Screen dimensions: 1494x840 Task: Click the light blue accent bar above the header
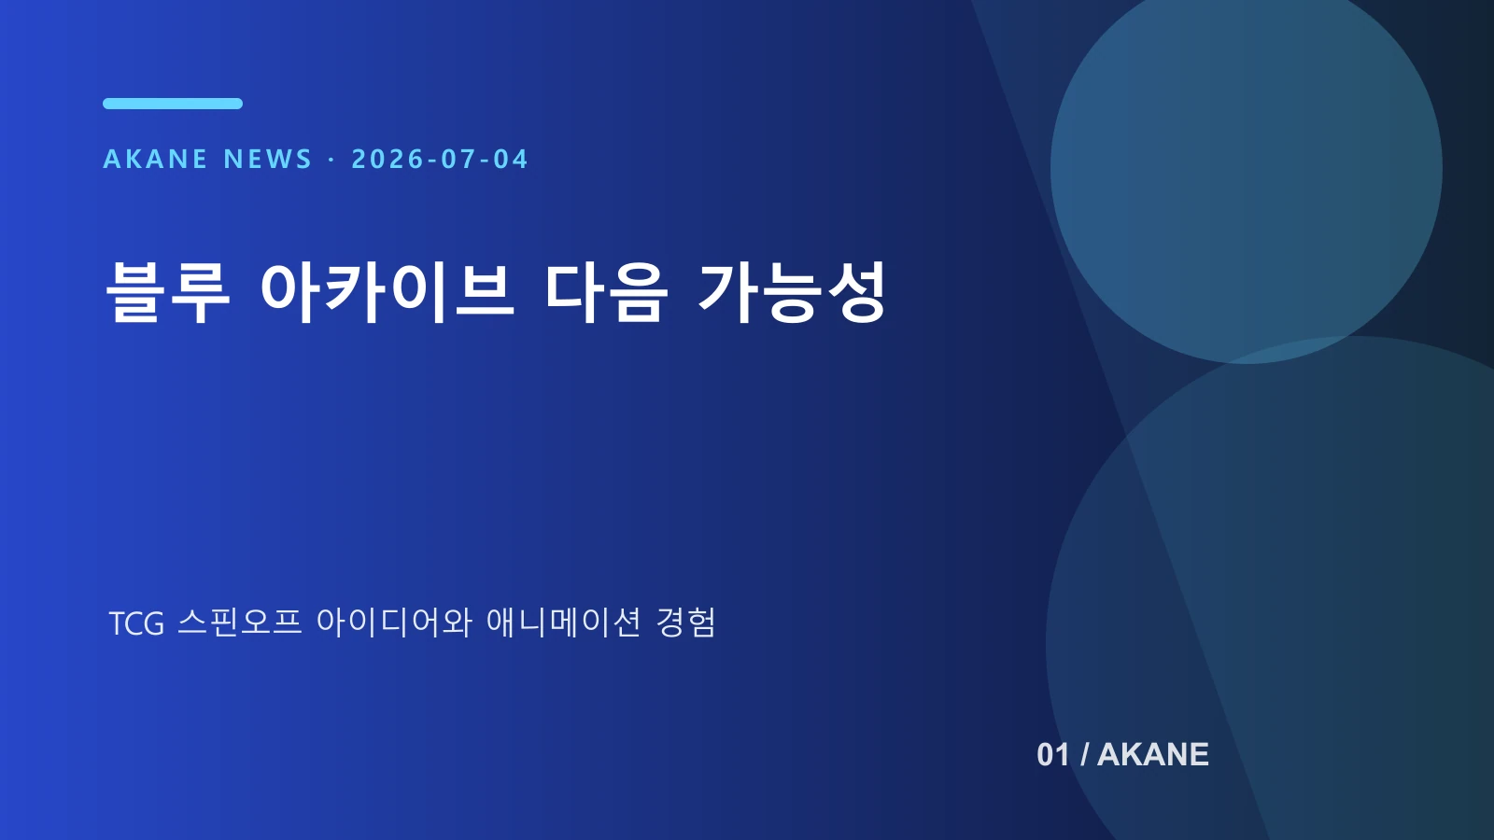point(173,104)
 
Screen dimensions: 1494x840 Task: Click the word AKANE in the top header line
point(155,160)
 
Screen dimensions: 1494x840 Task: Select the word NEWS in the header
point(268,160)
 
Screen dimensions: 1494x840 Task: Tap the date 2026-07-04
point(440,160)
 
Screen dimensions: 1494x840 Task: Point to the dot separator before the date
point(331,160)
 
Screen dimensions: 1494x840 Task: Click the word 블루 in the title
point(168,292)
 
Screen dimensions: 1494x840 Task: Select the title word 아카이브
point(388,292)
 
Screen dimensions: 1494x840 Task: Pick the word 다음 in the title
point(606,292)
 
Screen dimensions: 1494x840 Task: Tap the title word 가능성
point(792,292)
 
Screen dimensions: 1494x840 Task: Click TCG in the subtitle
point(136,623)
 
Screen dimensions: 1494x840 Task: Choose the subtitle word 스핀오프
point(240,622)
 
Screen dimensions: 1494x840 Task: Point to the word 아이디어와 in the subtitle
point(394,622)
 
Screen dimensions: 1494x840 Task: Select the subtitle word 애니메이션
point(564,622)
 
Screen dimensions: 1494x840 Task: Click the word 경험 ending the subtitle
point(685,622)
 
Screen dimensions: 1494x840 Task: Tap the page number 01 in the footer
point(1053,755)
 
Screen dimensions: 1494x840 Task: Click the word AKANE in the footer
point(1153,755)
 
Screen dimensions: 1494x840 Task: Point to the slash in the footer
point(1084,755)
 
